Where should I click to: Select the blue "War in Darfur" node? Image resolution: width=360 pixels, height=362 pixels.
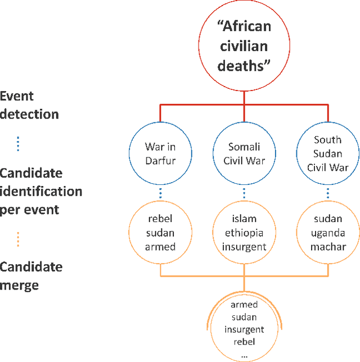click(160, 154)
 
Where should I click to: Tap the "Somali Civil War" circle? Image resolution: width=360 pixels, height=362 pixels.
click(244, 154)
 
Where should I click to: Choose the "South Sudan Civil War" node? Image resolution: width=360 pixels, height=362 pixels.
click(328, 154)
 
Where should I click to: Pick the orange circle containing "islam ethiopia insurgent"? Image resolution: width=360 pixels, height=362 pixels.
click(244, 233)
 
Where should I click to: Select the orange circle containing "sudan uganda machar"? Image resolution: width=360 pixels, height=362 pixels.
click(328, 233)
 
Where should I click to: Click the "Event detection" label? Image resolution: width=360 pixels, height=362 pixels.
click(29, 105)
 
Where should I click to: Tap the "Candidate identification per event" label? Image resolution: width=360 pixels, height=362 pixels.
click(40, 191)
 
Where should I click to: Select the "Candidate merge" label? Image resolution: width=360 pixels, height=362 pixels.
click(30, 275)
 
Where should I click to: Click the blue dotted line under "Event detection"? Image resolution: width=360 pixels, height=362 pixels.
click(18, 143)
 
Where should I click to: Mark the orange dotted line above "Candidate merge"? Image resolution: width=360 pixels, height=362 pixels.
click(18, 239)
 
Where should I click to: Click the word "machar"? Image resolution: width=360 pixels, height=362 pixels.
click(328, 246)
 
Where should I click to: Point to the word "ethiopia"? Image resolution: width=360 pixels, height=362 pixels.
click(244, 233)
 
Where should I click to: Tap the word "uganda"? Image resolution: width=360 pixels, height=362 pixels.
click(328, 233)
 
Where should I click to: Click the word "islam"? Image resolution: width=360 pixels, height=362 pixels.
click(244, 220)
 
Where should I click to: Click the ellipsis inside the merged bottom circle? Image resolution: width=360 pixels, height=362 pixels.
click(244, 355)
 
